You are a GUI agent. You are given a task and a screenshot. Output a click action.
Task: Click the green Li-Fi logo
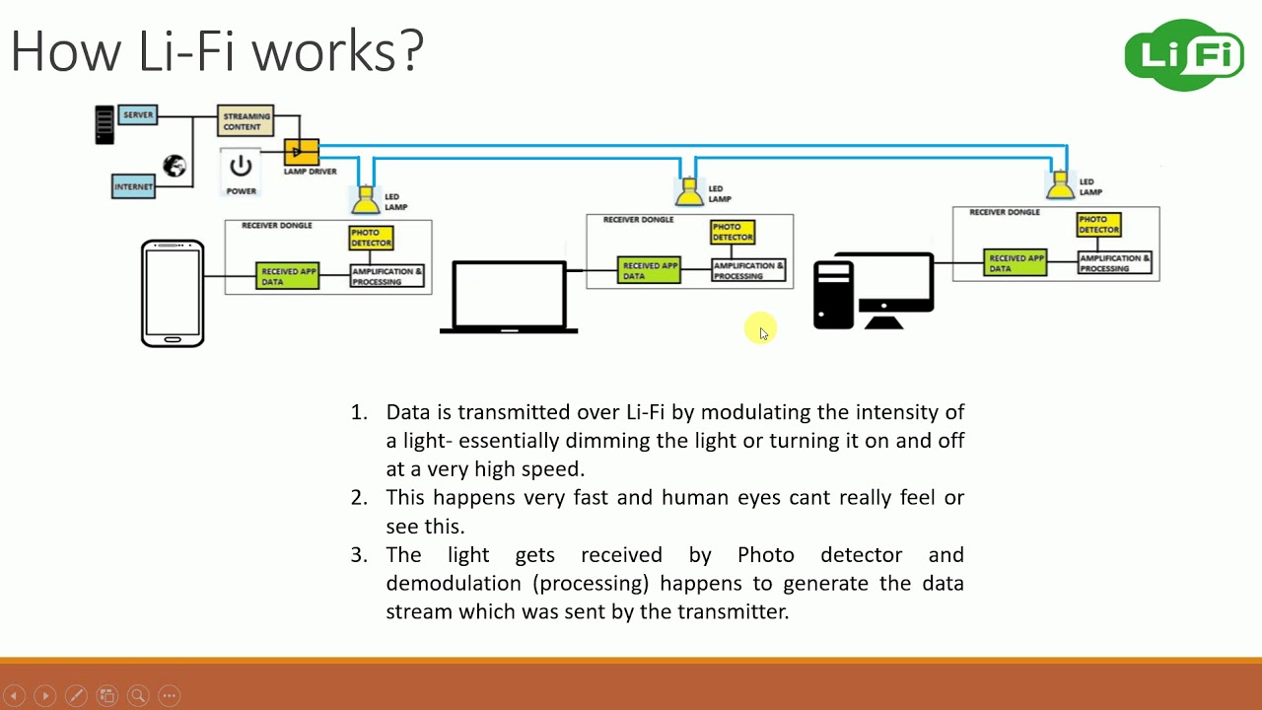click(x=1184, y=55)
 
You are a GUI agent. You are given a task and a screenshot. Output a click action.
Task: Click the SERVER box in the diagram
click(x=138, y=115)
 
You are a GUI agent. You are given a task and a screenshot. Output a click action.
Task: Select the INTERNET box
click(x=133, y=186)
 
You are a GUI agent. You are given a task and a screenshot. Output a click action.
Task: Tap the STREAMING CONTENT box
click(x=245, y=121)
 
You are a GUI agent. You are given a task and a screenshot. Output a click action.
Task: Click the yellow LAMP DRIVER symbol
click(x=302, y=152)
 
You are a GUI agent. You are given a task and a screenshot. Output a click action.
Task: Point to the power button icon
click(x=241, y=166)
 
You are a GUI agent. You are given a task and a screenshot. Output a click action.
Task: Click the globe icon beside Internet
click(x=175, y=166)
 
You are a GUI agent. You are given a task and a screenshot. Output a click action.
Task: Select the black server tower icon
click(x=105, y=125)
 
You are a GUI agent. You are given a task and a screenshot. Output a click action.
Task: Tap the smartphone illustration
click(x=173, y=294)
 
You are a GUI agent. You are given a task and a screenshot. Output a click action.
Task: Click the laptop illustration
click(x=509, y=297)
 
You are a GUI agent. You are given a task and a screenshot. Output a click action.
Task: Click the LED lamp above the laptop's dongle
click(x=689, y=191)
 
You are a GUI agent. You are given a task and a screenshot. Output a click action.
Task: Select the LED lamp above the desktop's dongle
click(x=1060, y=184)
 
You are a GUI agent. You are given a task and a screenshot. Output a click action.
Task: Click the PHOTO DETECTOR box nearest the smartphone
click(x=371, y=238)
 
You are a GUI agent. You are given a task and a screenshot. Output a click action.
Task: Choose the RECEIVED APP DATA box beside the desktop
click(x=1015, y=263)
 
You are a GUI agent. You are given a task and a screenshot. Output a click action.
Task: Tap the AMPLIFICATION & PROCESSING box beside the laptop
click(x=749, y=270)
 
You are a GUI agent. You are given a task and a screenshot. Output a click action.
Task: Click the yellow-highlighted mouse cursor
click(x=761, y=329)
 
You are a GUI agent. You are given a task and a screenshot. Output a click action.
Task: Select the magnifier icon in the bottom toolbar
click(x=138, y=695)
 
